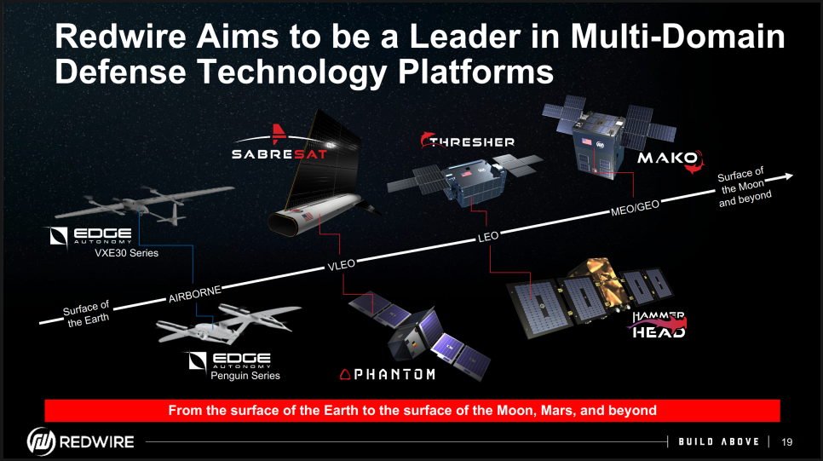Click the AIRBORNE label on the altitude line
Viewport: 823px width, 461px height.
click(x=195, y=294)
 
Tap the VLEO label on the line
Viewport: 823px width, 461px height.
click(x=341, y=265)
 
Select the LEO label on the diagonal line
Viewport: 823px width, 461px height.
click(x=488, y=237)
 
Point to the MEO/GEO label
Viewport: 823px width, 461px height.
click(x=635, y=208)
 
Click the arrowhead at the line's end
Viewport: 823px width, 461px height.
click(x=786, y=176)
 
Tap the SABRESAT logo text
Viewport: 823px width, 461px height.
click(x=279, y=154)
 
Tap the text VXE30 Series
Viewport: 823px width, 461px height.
click(x=126, y=253)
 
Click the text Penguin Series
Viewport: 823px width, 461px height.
click(x=245, y=376)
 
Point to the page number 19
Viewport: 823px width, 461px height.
click(x=786, y=442)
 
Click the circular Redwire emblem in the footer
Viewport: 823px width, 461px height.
click(x=41, y=441)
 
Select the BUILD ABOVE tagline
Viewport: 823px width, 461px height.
click(x=718, y=441)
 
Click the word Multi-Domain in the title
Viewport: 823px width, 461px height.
click(x=677, y=37)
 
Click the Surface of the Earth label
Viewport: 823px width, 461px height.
click(x=87, y=314)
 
